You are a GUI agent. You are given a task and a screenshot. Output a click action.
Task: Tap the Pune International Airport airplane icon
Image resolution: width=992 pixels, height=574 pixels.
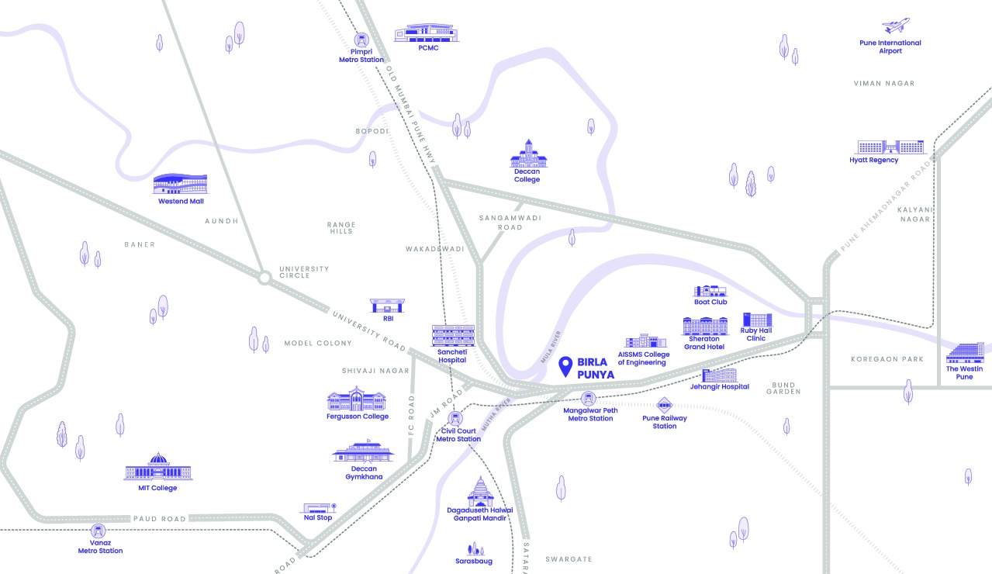point(896,26)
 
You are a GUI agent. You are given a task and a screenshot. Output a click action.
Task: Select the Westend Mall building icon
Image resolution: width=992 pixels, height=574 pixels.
point(180,184)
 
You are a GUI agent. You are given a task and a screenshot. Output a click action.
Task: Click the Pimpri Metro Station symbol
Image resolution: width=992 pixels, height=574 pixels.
point(361,40)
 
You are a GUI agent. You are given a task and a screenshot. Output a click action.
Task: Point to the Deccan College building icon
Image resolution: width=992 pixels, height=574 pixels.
point(528,154)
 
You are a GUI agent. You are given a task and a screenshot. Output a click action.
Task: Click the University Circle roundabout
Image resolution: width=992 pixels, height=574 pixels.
point(264,276)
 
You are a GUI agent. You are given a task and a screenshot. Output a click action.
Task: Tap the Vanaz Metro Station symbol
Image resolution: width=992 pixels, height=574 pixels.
point(98,532)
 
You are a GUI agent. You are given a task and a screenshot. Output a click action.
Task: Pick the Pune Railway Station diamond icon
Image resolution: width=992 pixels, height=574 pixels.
point(665,405)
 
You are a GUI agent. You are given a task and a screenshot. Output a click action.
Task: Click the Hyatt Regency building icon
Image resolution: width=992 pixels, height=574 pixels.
point(890,147)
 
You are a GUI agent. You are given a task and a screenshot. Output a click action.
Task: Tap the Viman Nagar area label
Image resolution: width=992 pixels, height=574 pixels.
point(884,83)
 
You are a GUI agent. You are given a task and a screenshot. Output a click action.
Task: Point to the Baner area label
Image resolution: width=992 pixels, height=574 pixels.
point(140,244)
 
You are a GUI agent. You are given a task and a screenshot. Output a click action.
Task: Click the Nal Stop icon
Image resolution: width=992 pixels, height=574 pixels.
point(316,508)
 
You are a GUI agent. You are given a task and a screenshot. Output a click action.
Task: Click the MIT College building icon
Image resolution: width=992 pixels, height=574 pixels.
point(157,468)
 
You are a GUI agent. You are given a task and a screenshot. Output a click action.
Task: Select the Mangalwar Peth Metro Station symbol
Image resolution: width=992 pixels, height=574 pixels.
point(589,399)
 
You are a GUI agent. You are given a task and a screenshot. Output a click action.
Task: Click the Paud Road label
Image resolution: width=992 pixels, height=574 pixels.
point(160,518)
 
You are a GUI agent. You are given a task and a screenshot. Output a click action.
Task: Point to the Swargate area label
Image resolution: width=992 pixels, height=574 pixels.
point(569,558)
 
